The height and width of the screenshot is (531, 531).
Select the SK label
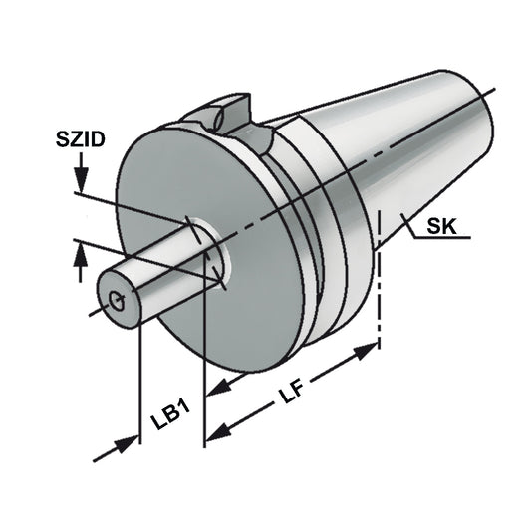pyautogui.click(x=441, y=227)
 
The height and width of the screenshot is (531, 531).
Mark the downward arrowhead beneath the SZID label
pyautogui.click(x=81, y=182)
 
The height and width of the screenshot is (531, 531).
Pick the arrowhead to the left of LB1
pyautogui.click(x=128, y=444)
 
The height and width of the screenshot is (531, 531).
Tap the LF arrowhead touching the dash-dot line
pyautogui.click(x=368, y=350)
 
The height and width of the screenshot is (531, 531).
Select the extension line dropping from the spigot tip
pyautogui.click(x=138, y=379)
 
